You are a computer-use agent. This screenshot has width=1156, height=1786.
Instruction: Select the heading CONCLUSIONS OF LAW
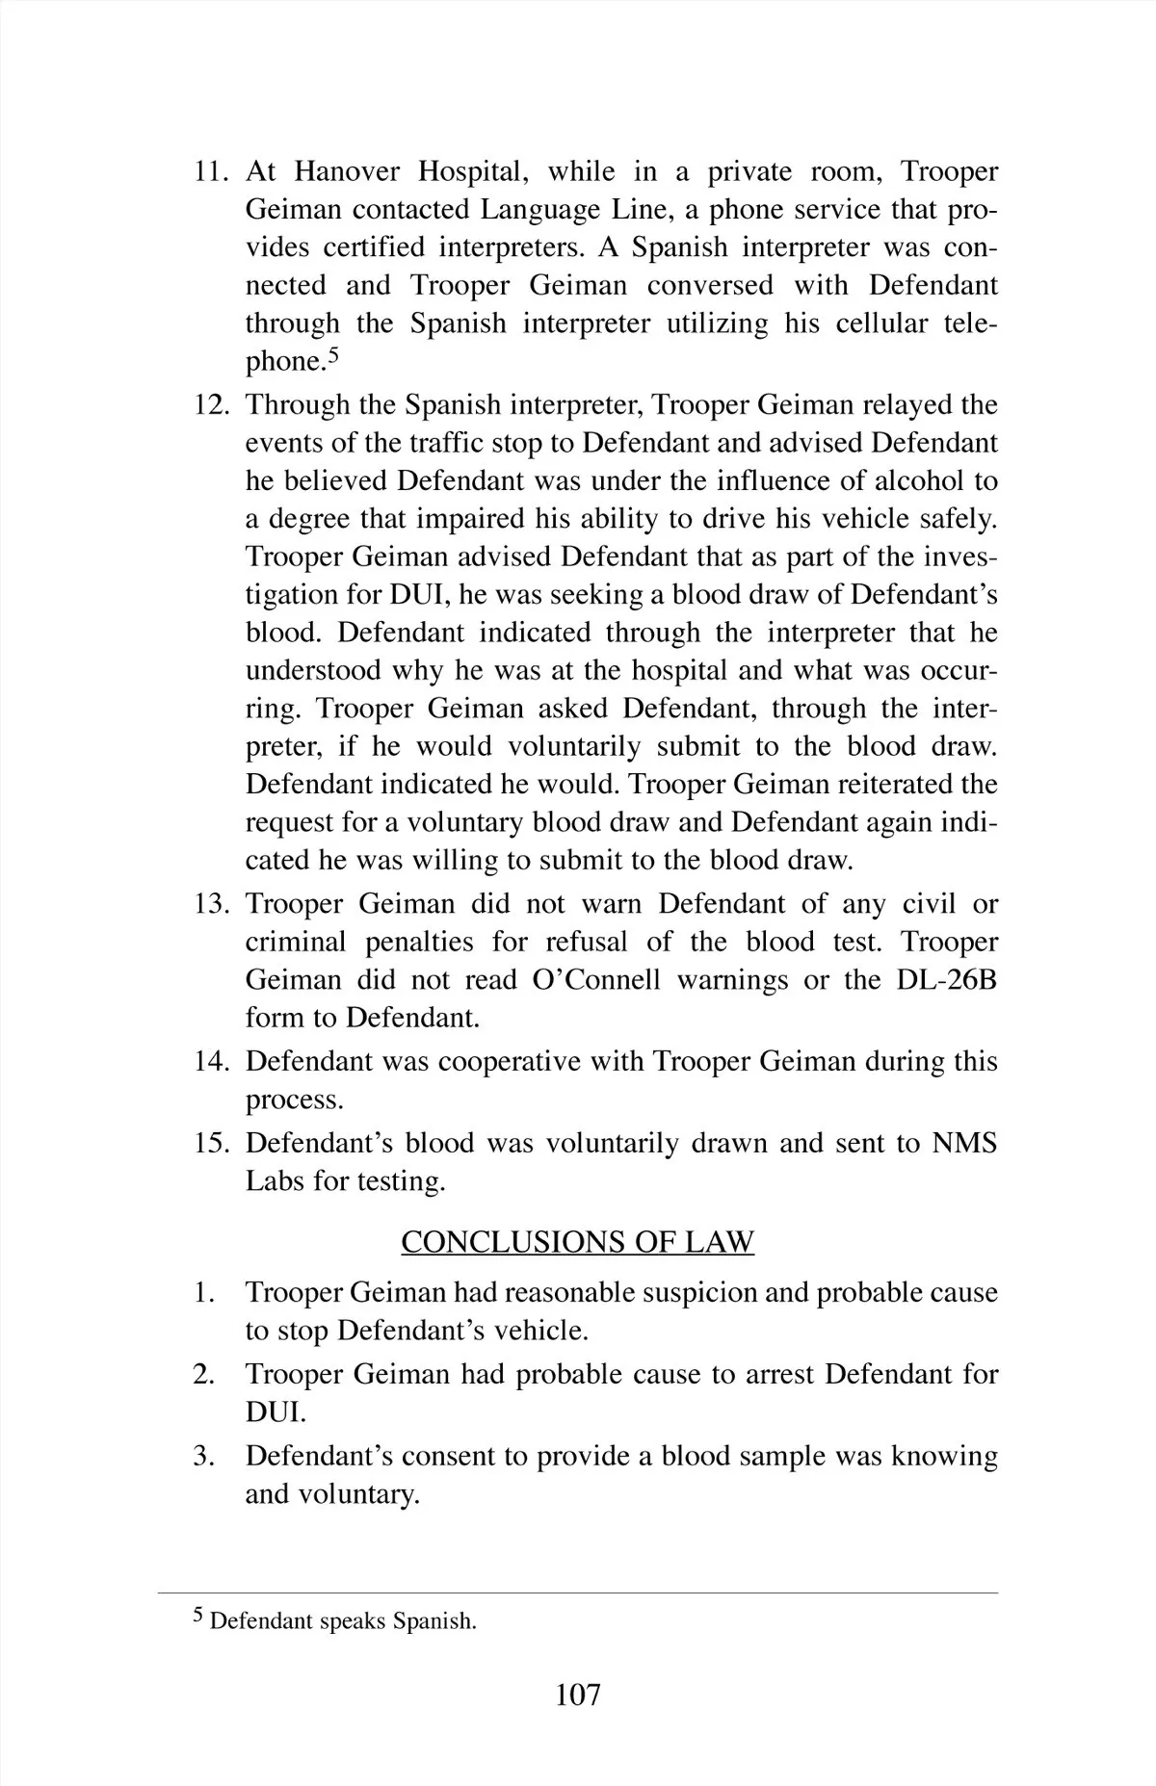(577, 1242)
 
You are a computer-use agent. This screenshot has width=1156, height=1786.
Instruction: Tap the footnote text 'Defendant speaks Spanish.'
(343, 1620)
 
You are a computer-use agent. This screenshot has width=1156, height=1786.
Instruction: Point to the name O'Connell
(596, 980)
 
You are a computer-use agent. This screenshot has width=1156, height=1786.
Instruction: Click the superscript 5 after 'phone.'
(333, 355)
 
